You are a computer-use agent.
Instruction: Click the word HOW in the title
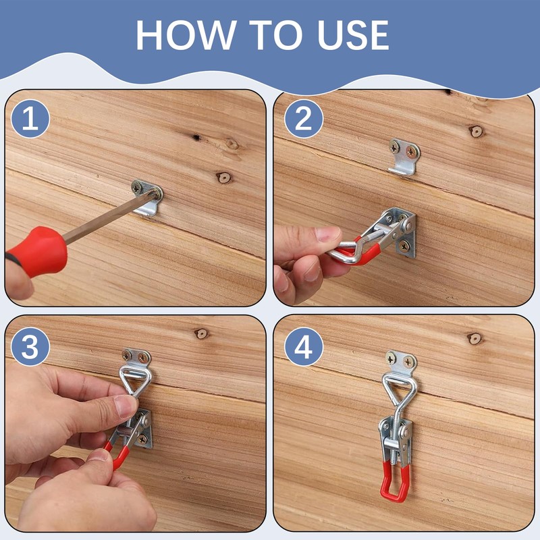click(x=178, y=34)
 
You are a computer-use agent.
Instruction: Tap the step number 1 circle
click(x=29, y=119)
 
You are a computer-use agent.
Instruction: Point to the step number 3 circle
click(x=29, y=346)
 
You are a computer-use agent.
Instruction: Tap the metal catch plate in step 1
click(x=147, y=196)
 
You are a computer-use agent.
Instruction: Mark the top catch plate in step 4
click(x=401, y=364)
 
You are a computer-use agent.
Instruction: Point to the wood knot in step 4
click(x=475, y=338)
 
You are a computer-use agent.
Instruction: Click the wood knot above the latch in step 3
click(x=201, y=333)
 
